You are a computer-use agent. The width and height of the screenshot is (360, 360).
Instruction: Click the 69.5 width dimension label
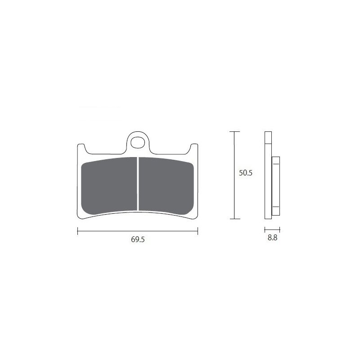click(x=138, y=239)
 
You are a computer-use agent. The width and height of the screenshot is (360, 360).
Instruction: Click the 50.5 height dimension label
click(x=245, y=173)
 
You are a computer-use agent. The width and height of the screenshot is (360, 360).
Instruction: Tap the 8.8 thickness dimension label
click(x=272, y=238)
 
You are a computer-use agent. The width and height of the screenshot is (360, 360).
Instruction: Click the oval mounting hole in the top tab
click(x=138, y=142)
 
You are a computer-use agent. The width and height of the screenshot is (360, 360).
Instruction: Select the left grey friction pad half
click(x=109, y=185)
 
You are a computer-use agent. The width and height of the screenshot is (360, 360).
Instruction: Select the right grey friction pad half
click(x=166, y=185)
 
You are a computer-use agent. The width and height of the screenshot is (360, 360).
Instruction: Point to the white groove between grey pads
click(x=138, y=184)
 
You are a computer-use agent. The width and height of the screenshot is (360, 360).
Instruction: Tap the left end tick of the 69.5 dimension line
click(x=77, y=231)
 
